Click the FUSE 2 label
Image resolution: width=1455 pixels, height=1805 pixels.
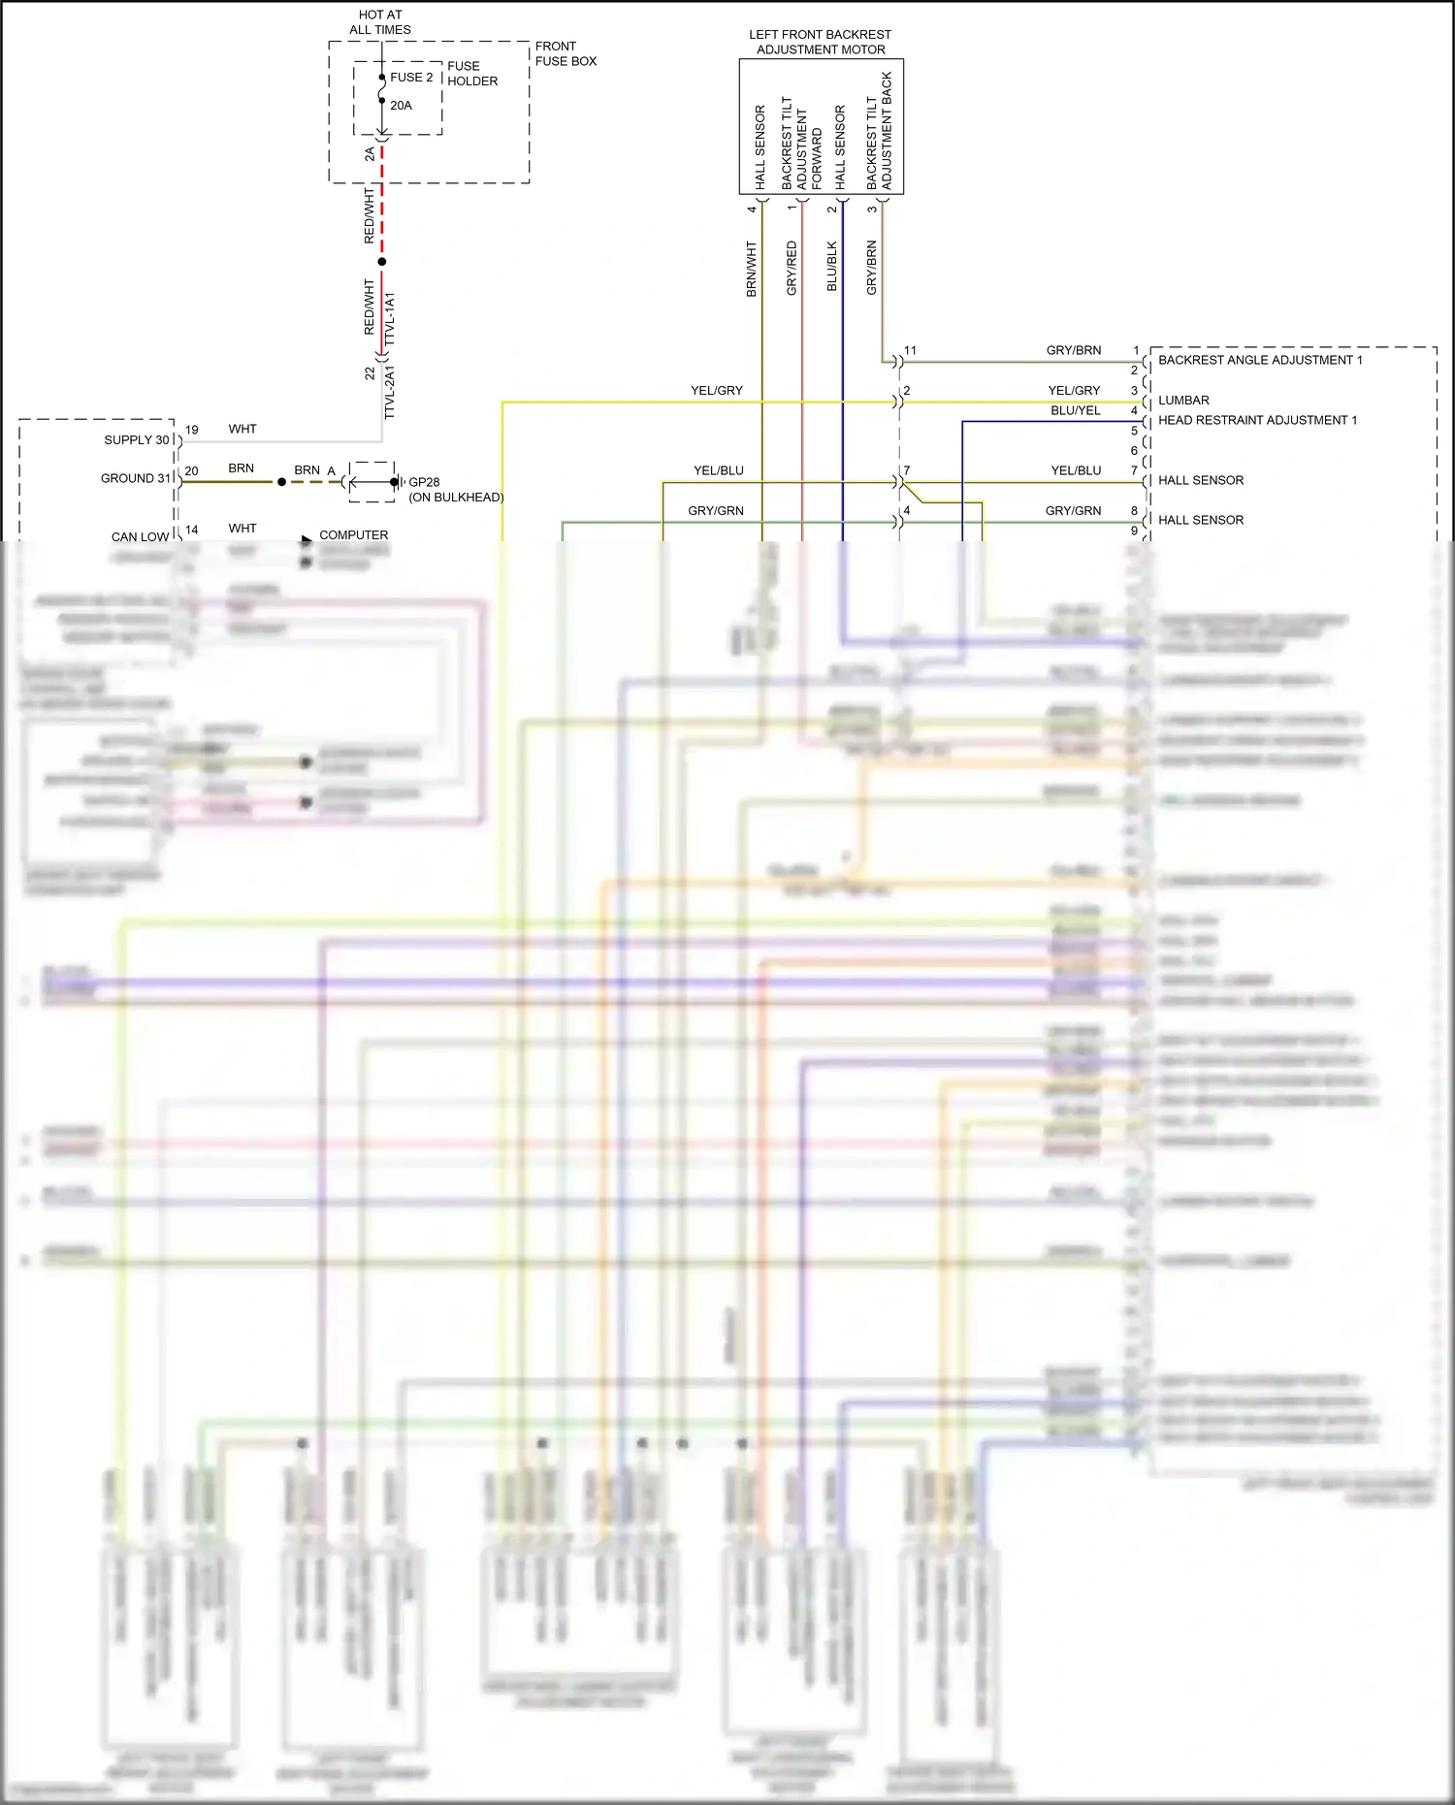pos(411,78)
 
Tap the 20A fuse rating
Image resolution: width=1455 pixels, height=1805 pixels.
pos(401,106)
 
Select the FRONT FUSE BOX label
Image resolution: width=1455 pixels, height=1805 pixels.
pos(566,53)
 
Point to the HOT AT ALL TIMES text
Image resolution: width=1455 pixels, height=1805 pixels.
pos(380,22)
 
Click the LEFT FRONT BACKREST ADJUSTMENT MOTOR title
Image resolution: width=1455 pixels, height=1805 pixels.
pos(821,42)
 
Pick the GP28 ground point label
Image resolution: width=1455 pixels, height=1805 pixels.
pos(424,482)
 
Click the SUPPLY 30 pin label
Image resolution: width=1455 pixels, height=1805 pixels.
pos(137,440)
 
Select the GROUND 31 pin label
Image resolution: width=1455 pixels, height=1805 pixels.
pos(136,478)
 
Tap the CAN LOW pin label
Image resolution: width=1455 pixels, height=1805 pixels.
pos(140,536)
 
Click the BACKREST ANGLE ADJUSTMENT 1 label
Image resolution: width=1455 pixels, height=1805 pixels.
pos(1260,360)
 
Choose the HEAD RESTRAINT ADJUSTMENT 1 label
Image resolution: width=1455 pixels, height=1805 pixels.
pos(1257,420)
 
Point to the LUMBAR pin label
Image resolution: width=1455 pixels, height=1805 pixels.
pos(1183,400)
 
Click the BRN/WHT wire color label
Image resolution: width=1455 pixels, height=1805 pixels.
pos(751,269)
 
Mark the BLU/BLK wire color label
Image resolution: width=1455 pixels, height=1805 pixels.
pos(831,267)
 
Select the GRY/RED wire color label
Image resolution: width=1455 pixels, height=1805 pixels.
pos(792,269)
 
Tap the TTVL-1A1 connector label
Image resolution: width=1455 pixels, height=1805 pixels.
pos(390,319)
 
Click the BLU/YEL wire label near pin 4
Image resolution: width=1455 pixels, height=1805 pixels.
pos(1076,410)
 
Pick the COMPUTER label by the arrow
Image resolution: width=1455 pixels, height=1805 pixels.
pos(353,534)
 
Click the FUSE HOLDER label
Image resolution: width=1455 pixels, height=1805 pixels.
pos(472,74)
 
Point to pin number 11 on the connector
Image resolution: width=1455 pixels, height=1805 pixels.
pos(910,350)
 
